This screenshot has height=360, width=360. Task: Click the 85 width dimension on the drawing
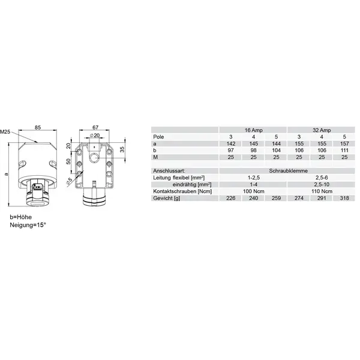(38, 127)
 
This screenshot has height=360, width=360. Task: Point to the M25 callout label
(5, 132)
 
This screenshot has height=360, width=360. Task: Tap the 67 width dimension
(95, 127)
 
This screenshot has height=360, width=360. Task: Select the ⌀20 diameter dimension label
(95, 135)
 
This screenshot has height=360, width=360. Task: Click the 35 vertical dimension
(122, 149)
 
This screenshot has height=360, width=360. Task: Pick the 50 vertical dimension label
(68, 161)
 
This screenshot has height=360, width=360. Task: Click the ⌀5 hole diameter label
(69, 181)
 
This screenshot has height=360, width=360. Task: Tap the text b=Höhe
(20, 217)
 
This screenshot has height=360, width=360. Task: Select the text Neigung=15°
(28, 225)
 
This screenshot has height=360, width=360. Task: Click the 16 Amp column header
(253, 130)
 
